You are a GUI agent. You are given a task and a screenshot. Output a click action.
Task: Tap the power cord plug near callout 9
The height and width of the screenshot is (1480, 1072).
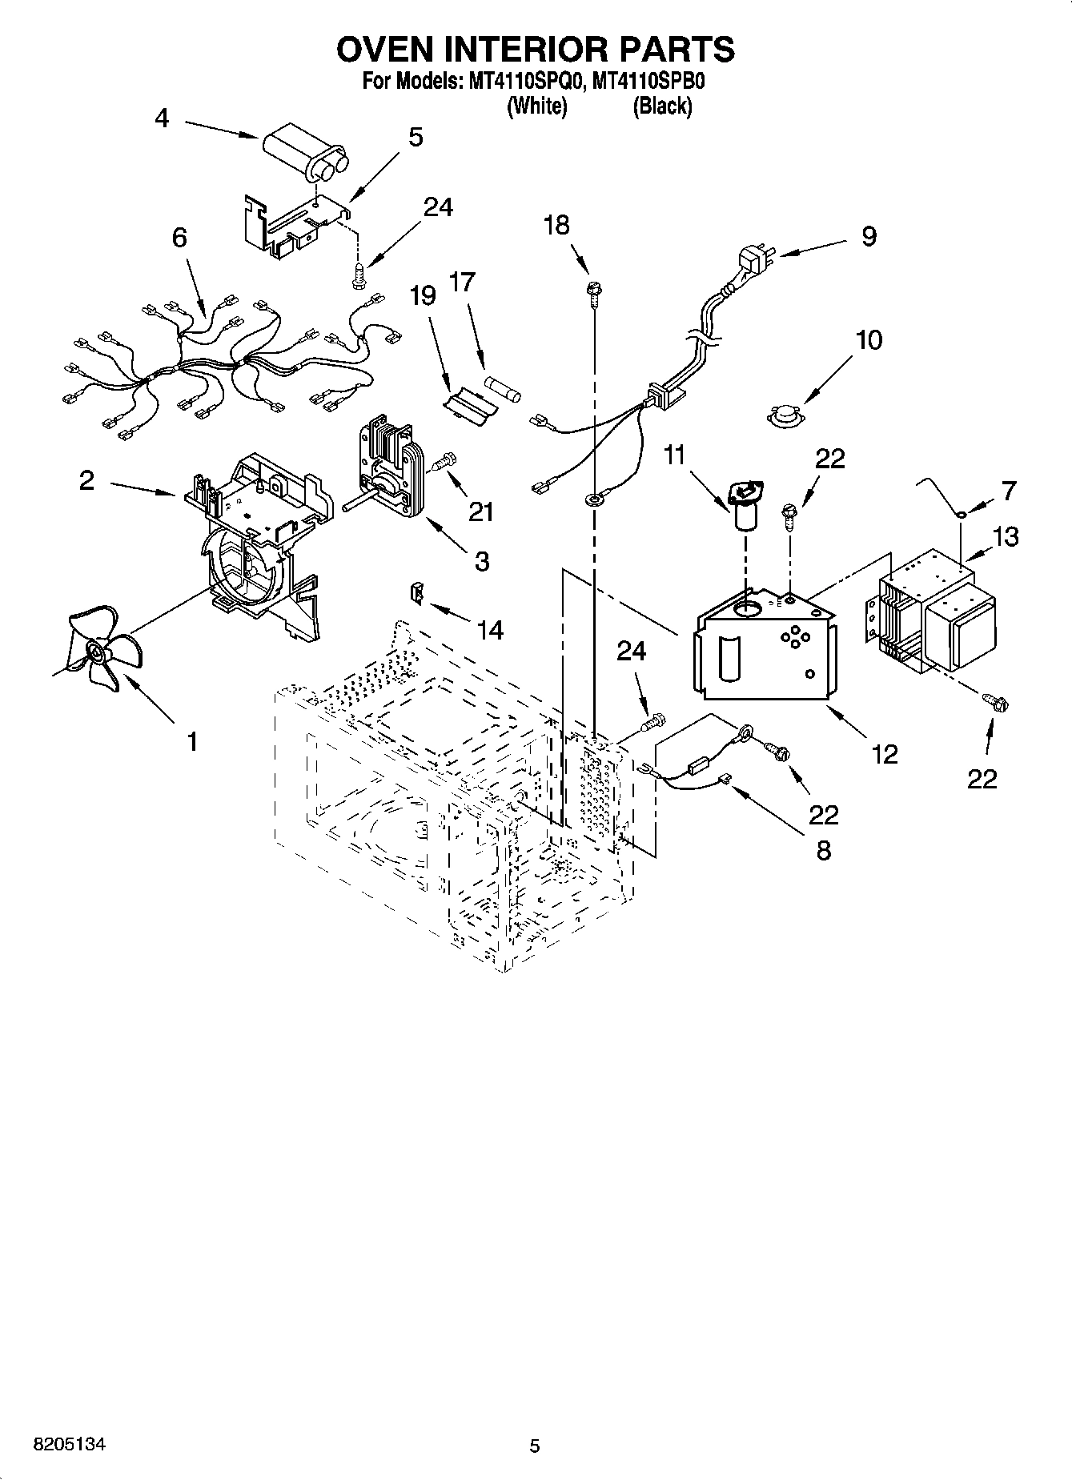pyautogui.click(x=750, y=263)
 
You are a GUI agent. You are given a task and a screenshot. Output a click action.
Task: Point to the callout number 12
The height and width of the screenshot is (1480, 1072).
pyautogui.click(x=885, y=753)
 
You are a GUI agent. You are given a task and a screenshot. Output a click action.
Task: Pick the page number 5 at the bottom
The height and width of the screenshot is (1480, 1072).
pyautogui.click(x=535, y=1446)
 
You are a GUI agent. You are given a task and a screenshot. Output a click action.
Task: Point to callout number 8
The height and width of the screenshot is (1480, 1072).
pyautogui.click(x=823, y=849)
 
